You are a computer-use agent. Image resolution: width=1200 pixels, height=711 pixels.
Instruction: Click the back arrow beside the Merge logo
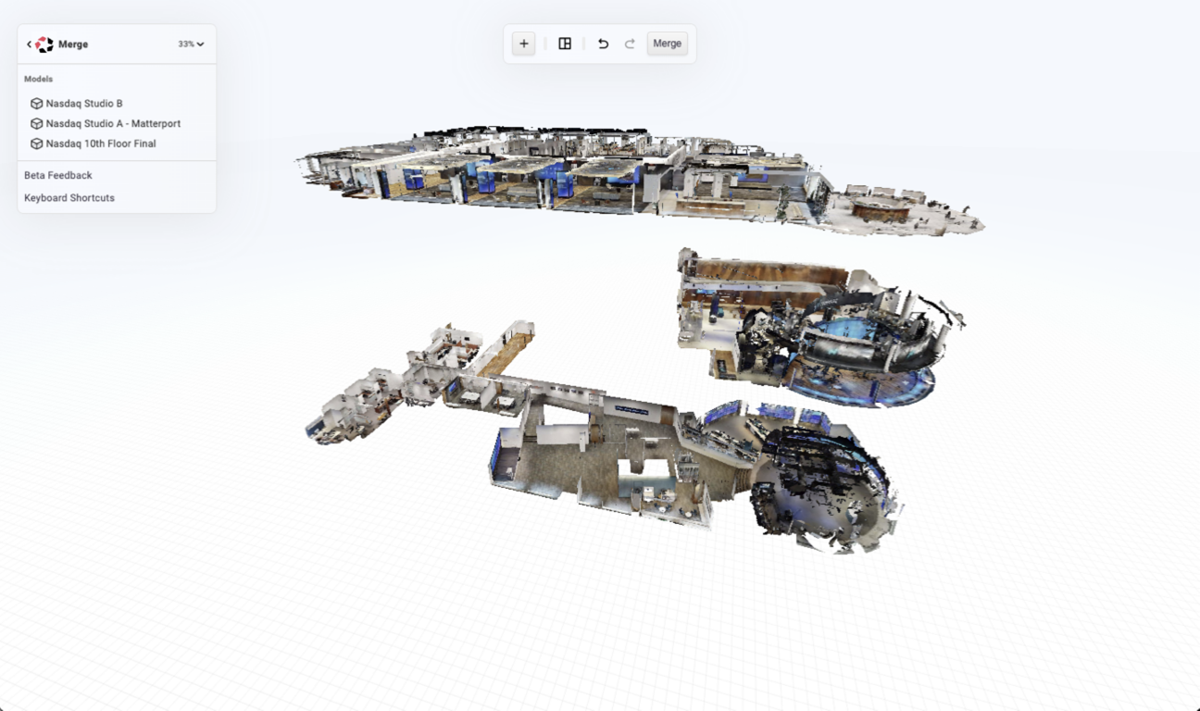(x=29, y=44)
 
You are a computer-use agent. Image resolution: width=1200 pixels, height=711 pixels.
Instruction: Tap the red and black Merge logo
(x=44, y=44)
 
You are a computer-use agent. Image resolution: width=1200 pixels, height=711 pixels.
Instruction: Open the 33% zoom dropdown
(x=192, y=44)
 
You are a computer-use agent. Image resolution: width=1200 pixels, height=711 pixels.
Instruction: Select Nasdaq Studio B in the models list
(x=84, y=104)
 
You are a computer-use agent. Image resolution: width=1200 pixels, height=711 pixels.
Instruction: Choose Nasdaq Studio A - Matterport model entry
(x=113, y=124)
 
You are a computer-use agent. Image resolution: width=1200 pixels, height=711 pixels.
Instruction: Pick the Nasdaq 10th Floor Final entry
(x=101, y=143)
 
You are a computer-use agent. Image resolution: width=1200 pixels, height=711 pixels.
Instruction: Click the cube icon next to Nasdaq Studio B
(x=36, y=104)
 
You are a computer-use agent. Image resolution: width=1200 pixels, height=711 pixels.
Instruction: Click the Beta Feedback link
(x=57, y=175)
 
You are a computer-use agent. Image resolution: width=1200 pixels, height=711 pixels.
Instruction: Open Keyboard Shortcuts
(x=69, y=198)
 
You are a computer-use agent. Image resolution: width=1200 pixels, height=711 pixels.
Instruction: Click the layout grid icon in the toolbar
(x=565, y=44)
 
